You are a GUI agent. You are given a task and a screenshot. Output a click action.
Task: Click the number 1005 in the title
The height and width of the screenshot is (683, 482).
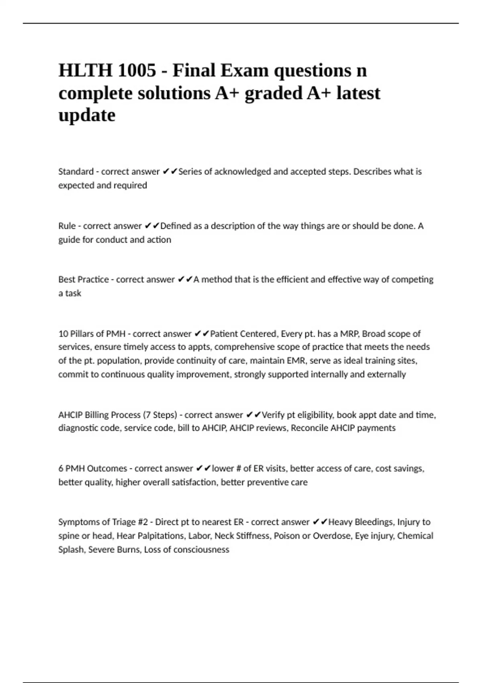[x=137, y=71]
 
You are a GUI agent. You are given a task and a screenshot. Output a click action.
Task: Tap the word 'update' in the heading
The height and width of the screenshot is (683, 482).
[x=87, y=115]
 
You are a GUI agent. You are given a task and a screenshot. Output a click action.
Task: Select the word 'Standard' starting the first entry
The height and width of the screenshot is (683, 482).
[x=76, y=172]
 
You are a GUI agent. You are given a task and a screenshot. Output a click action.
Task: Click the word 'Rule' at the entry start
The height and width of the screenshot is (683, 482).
[x=67, y=226]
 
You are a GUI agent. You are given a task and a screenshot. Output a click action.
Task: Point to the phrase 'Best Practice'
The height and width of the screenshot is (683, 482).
[x=84, y=279]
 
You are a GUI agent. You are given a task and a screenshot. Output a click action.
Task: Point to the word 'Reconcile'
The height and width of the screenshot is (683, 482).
[x=309, y=428]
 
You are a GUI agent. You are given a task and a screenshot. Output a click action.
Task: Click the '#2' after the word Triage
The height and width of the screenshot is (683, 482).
[x=143, y=522]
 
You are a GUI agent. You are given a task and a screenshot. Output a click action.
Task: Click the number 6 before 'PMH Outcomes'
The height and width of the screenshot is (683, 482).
[x=61, y=468]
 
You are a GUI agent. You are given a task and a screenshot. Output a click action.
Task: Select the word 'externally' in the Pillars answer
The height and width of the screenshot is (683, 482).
[x=386, y=374]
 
